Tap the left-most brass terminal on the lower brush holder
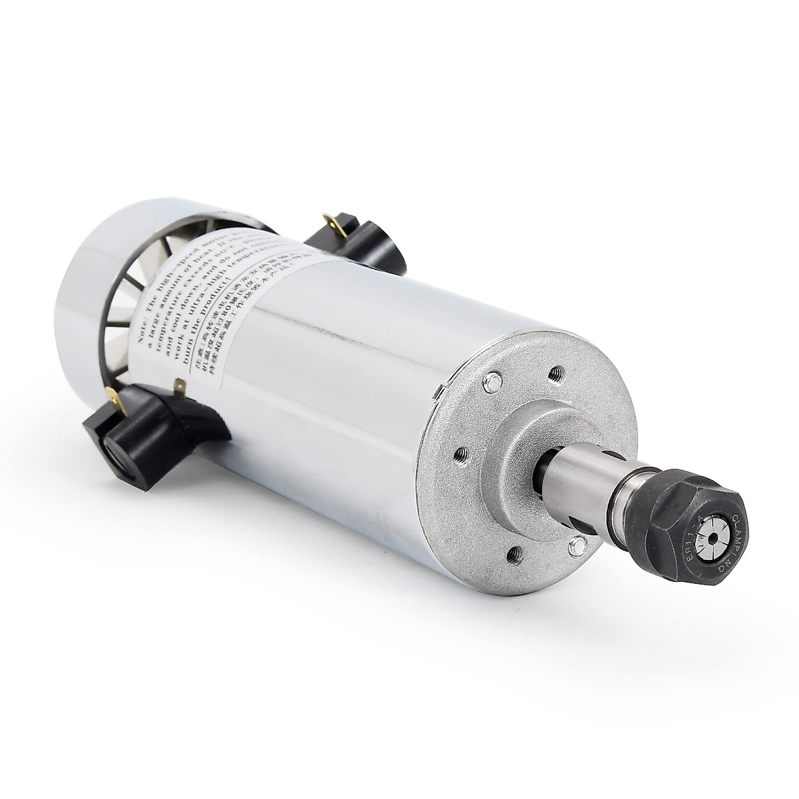pos(115,401)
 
